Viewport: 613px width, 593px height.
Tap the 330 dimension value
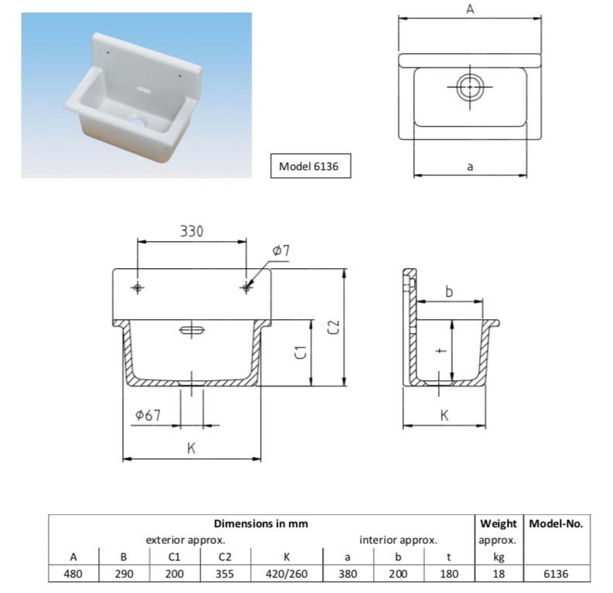[x=192, y=231]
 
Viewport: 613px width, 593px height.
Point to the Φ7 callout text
[x=281, y=250]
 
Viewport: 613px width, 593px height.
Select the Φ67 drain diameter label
[x=148, y=415]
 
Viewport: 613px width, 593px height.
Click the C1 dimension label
[x=300, y=352]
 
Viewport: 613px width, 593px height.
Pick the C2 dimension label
[x=334, y=327]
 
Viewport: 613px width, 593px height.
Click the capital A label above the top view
[x=471, y=9]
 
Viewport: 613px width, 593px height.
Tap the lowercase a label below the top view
[x=470, y=167]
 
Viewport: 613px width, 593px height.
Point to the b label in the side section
[x=449, y=291]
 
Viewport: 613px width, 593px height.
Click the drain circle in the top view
[x=470, y=87]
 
